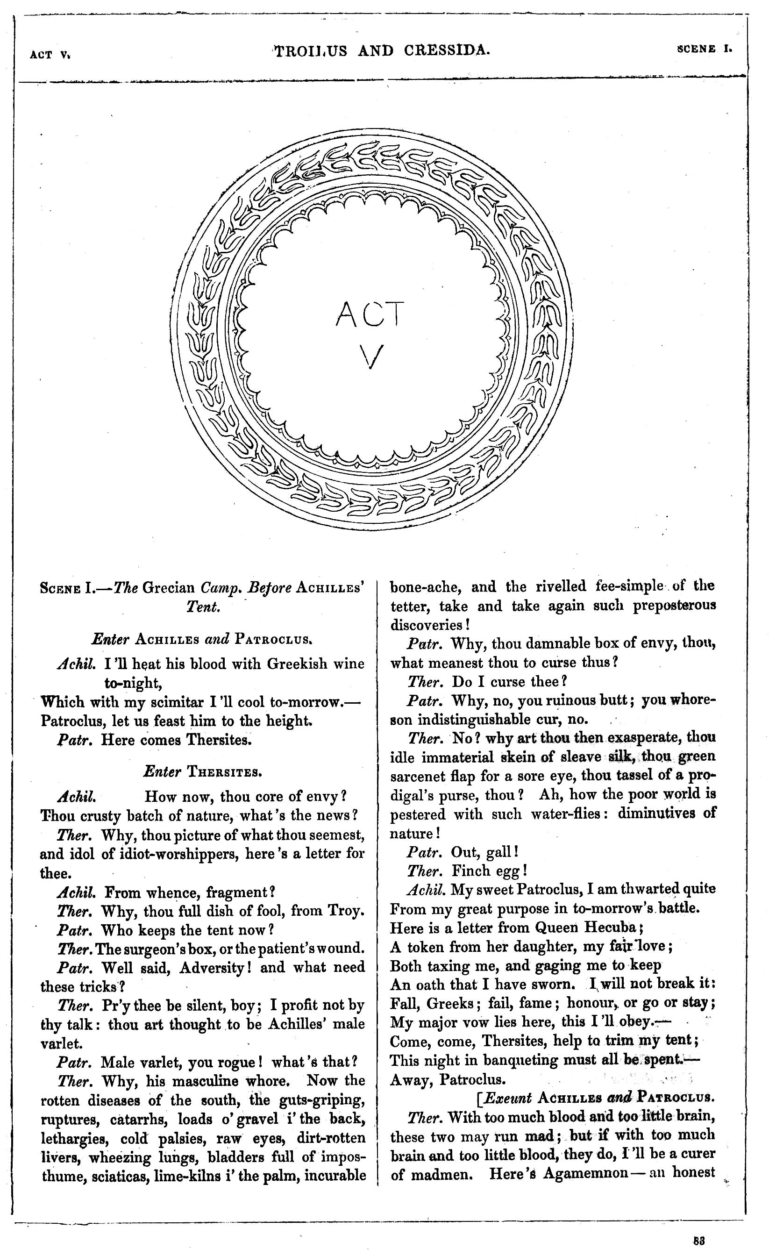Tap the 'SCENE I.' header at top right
[x=704, y=50]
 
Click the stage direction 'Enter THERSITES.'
[x=203, y=772]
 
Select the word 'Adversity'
[x=213, y=968]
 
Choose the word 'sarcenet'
[x=416, y=776]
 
